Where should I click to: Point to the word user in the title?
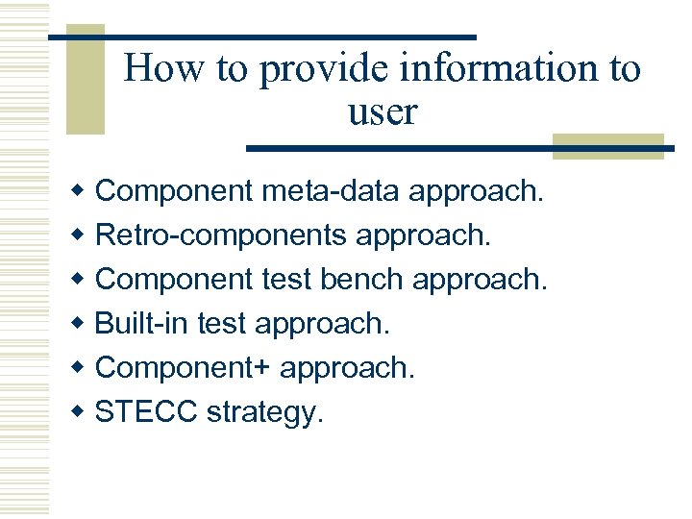coord(382,112)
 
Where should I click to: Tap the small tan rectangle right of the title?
coord(607,145)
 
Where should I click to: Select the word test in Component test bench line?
coord(284,279)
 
